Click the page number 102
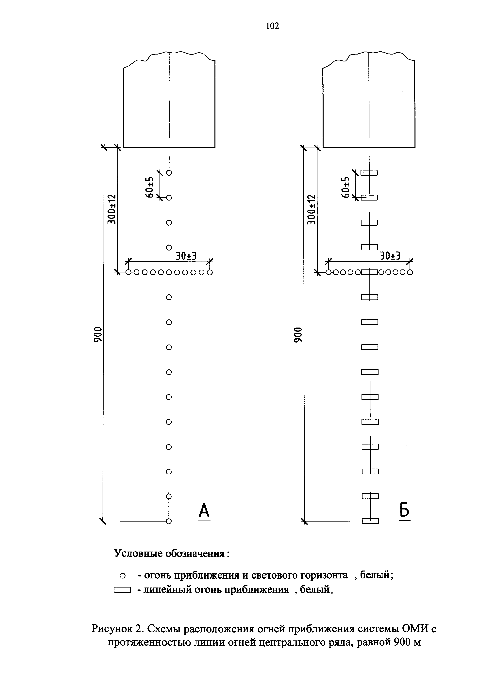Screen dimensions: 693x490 [272, 26]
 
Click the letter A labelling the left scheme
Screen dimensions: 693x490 [204, 510]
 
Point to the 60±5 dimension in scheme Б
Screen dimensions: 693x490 [346, 187]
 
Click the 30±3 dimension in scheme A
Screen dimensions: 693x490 [186, 256]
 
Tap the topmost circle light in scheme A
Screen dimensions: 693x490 [169, 173]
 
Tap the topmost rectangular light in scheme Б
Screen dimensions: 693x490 [369, 173]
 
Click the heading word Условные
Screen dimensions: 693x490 [139, 553]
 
